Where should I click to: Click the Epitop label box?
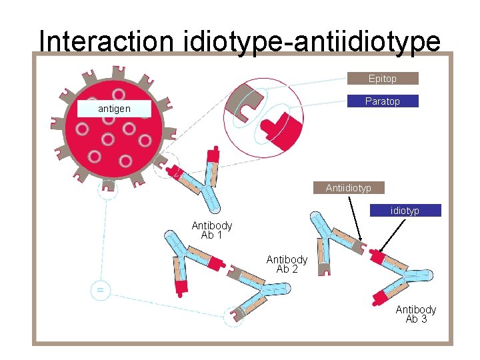[383, 79]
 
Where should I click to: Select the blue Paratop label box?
[383, 101]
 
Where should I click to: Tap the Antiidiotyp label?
[348, 188]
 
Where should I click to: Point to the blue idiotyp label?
[405, 211]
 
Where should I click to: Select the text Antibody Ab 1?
[212, 230]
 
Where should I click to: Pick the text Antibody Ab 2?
[287, 264]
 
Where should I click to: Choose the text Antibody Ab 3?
[416, 314]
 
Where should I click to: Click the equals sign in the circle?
[101, 291]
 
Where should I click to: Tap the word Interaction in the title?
[106, 41]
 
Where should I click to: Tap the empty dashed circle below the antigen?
[107, 190]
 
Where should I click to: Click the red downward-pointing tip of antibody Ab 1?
[181, 289]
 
